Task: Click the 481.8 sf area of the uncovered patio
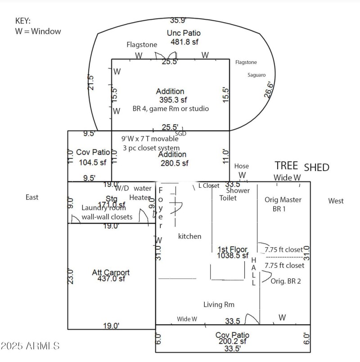(184, 42)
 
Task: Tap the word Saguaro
(256, 75)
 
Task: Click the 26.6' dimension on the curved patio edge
(268, 90)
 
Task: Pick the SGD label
(180, 133)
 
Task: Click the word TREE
(286, 166)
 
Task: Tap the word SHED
(317, 167)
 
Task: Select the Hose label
(241, 166)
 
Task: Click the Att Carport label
(111, 272)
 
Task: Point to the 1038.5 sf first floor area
(232, 255)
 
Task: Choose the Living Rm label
(219, 305)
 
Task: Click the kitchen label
(189, 236)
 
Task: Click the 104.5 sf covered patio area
(93, 163)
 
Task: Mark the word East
(32, 197)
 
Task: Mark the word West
(336, 201)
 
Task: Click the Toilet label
(227, 198)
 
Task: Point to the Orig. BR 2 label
(286, 281)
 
